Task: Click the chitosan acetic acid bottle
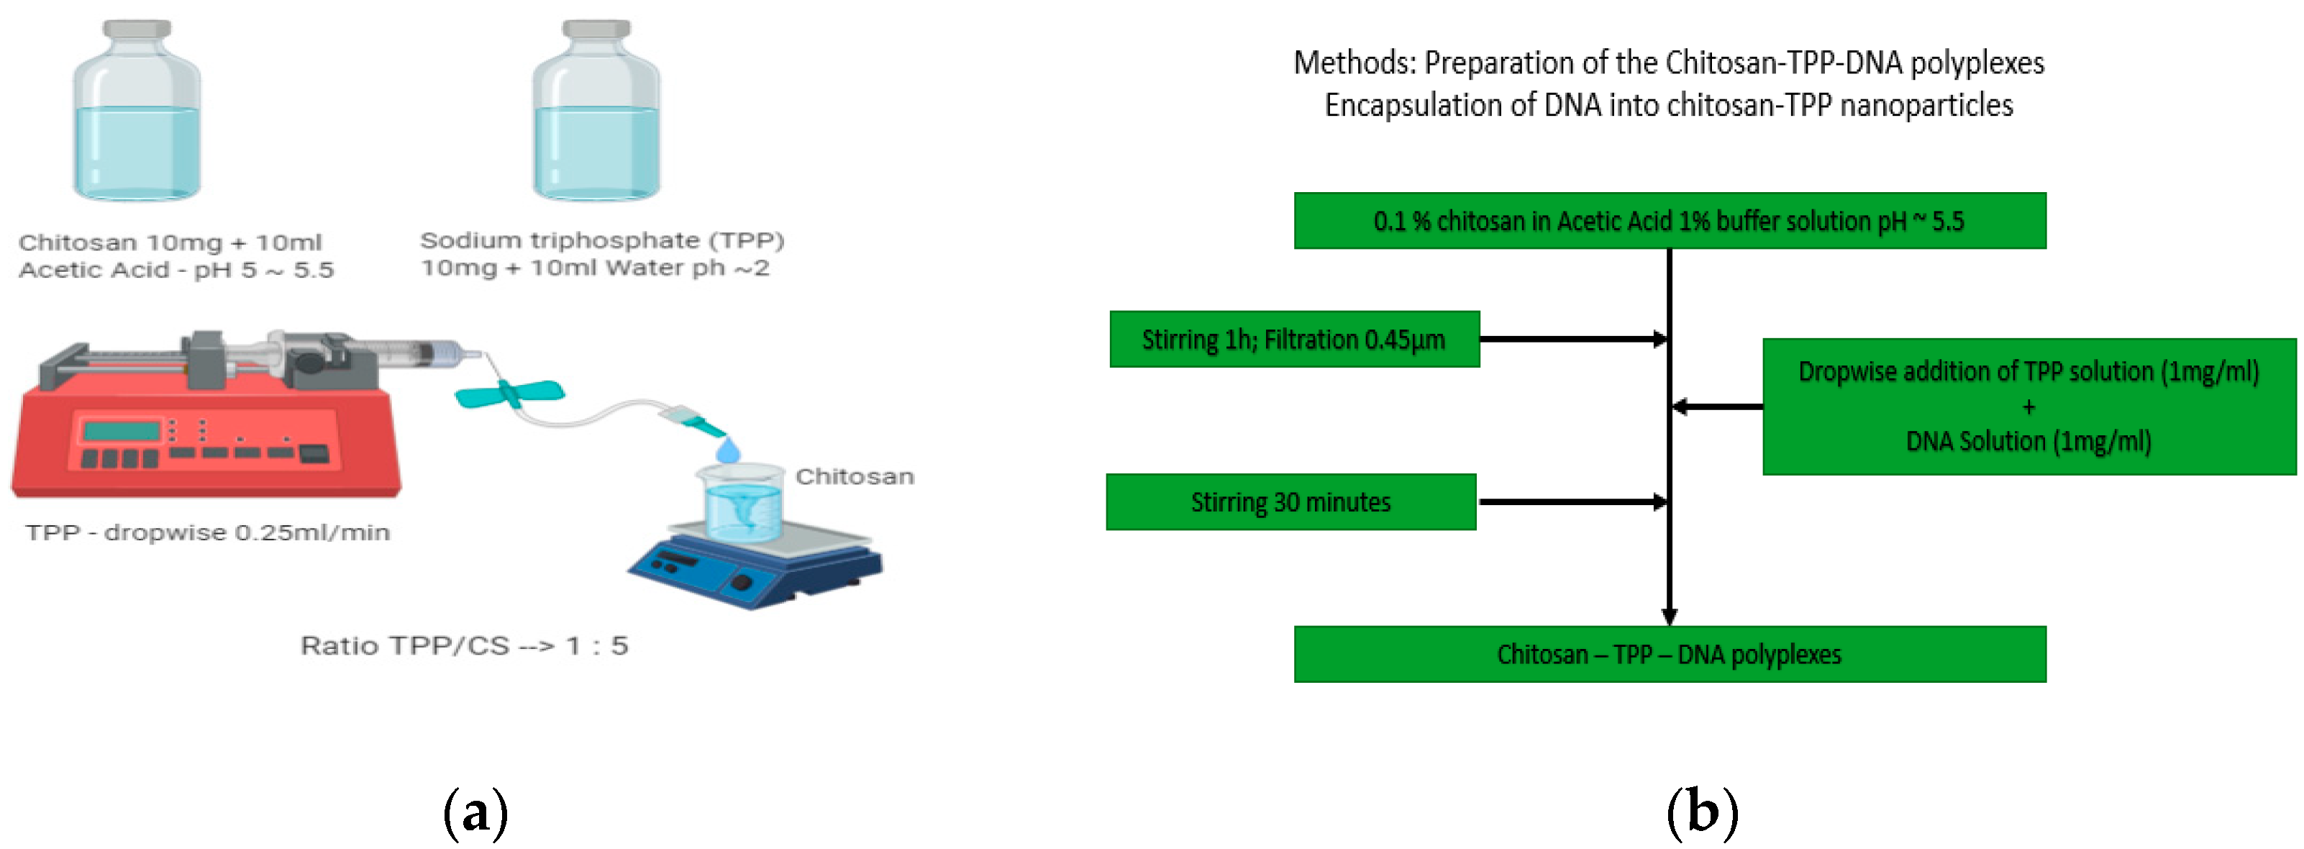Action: (137, 112)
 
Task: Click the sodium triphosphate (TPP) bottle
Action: (596, 112)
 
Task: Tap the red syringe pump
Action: (206, 430)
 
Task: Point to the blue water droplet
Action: (728, 449)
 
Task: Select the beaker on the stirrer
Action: (739, 503)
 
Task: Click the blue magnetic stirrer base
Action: (756, 569)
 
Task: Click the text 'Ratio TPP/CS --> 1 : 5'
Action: (464, 645)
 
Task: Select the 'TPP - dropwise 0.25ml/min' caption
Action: (207, 532)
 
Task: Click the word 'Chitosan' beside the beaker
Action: (854, 476)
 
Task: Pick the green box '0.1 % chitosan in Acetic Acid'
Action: (1669, 221)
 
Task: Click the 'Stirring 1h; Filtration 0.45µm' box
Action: (1293, 339)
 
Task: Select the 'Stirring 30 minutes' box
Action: (1290, 502)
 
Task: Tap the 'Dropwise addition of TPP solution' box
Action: (2028, 407)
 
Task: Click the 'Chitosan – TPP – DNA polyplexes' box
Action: (1669, 654)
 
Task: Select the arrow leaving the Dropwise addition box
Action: (1717, 407)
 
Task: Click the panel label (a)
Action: (475, 812)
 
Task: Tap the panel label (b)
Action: (1702, 812)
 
